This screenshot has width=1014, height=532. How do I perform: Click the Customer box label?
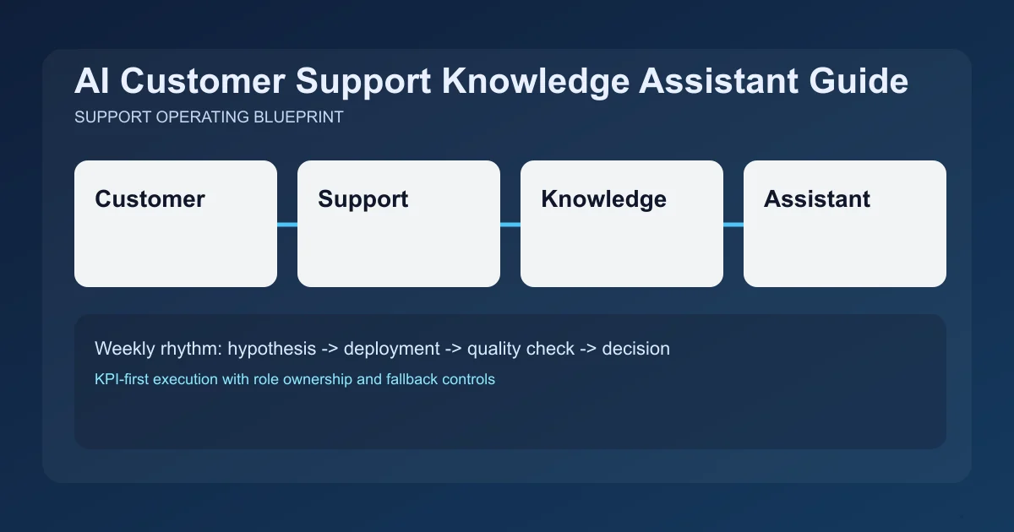[150, 199]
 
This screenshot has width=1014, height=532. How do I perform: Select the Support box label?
[363, 199]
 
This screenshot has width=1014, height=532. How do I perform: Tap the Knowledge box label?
[603, 199]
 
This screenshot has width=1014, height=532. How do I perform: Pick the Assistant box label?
[816, 199]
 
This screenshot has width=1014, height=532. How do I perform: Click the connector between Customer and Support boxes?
[287, 225]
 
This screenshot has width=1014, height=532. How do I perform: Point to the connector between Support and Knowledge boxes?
[510, 225]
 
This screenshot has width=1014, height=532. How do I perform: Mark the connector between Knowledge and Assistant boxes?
[733, 225]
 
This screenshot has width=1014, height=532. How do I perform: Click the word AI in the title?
[91, 82]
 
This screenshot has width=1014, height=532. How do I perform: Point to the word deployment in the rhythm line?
[391, 348]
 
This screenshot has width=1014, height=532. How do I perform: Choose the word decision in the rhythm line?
[635, 348]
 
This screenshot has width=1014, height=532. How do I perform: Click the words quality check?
[521, 348]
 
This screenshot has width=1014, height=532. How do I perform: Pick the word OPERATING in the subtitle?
[203, 117]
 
